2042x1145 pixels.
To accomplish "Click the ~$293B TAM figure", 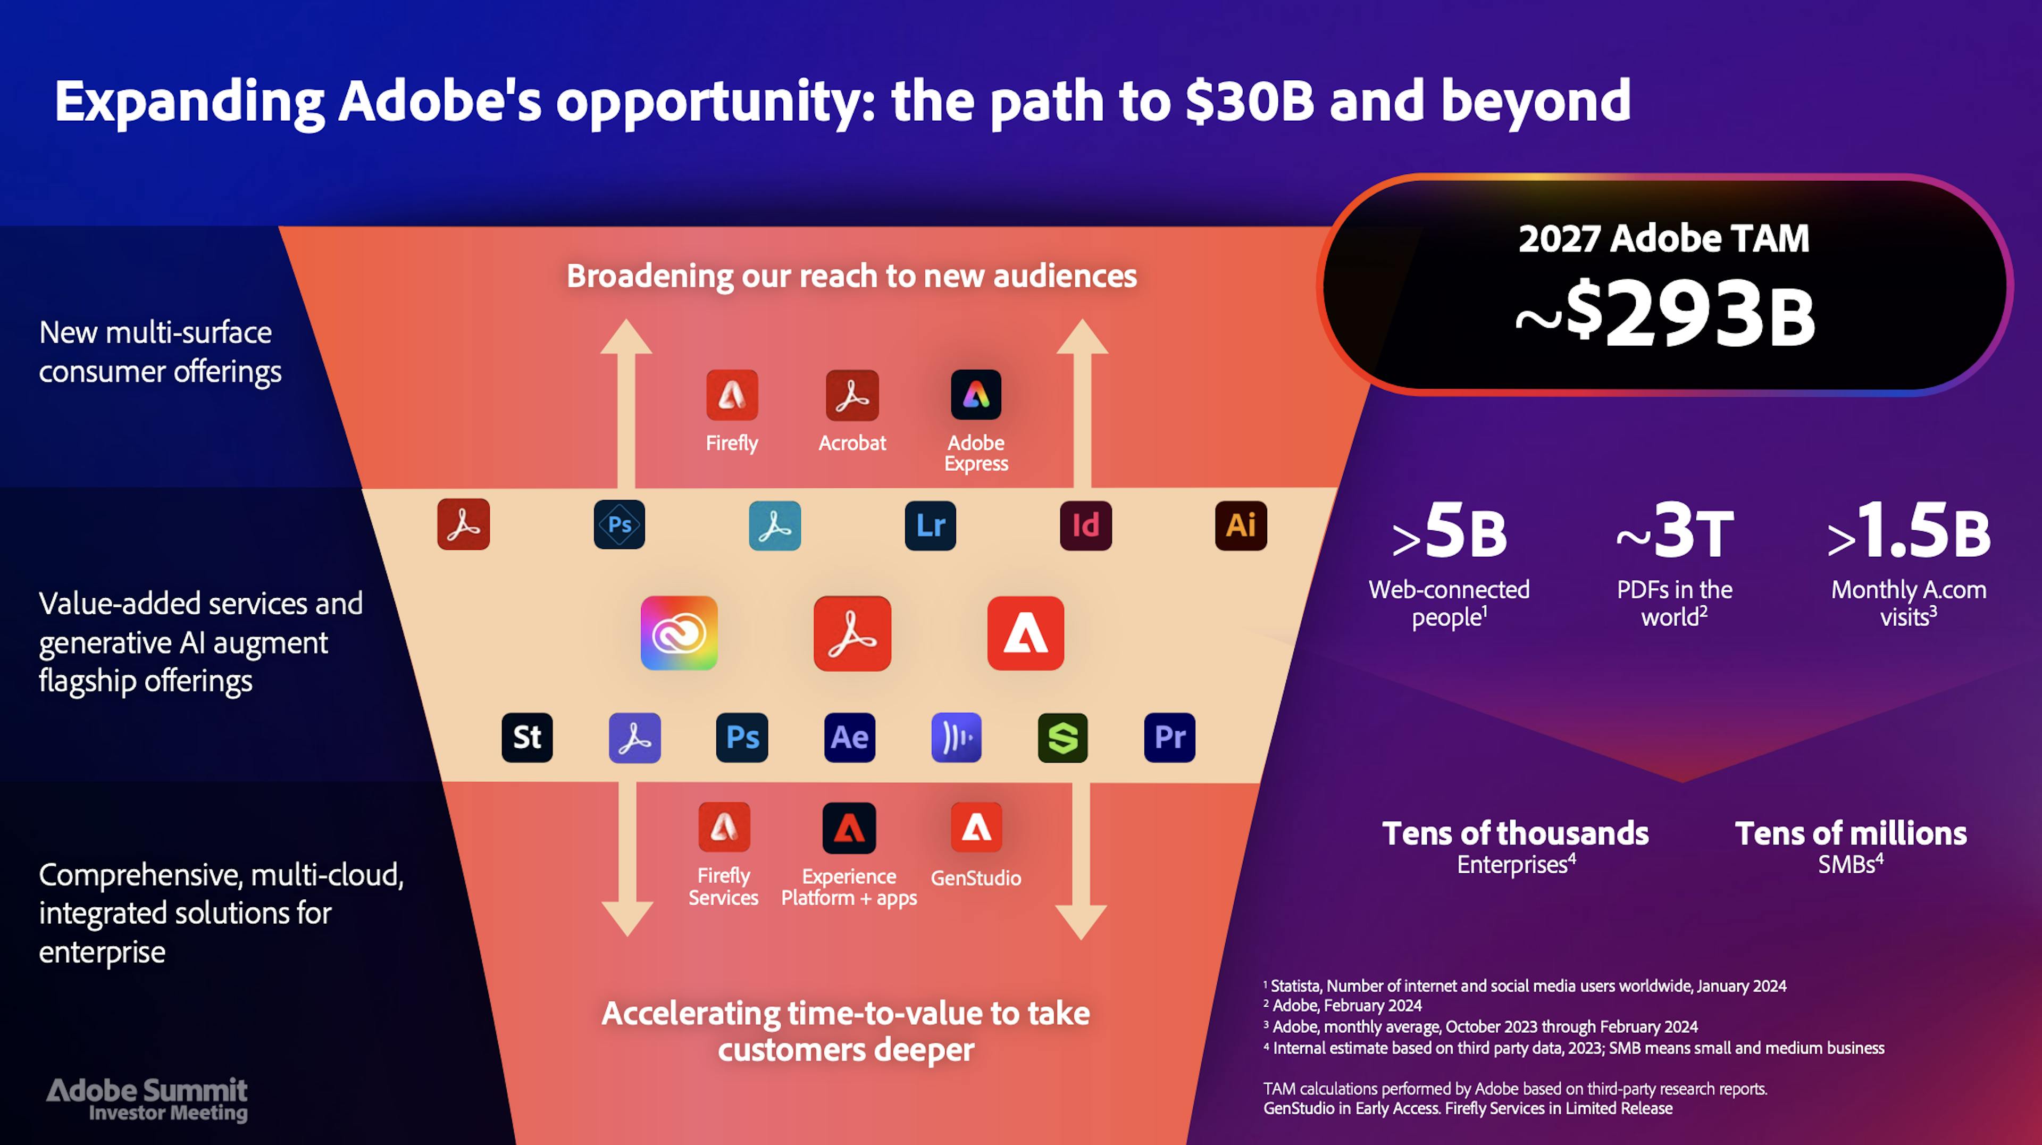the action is [x=1664, y=314].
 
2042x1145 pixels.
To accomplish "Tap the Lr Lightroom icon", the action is [x=930, y=525].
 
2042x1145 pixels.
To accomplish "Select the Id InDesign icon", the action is [x=1085, y=525].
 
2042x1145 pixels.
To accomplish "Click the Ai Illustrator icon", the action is [x=1241, y=525].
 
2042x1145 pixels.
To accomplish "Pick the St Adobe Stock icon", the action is [x=527, y=738].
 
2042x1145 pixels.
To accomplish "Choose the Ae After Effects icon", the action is [x=849, y=738].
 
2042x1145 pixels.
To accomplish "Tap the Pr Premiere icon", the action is [x=1169, y=738].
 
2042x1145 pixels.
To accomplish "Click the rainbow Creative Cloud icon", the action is [x=679, y=633].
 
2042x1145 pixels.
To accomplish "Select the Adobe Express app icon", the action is [x=976, y=395].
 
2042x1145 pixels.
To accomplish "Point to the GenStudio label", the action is [x=976, y=878].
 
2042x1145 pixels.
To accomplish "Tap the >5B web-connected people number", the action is [x=1449, y=530].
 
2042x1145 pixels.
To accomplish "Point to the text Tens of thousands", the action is [x=1516, y=833].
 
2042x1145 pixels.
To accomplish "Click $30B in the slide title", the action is [x=1250, y=102].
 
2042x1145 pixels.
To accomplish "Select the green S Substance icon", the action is [x=1062, y=738].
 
